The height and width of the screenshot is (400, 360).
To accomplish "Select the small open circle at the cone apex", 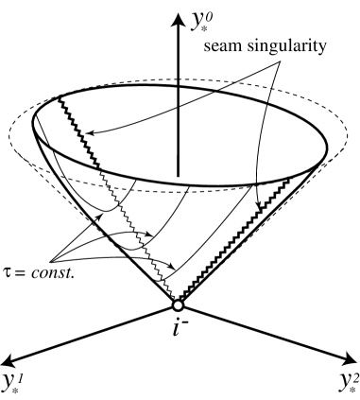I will [x=178, y=305].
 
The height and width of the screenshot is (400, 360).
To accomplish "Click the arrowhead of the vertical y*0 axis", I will [x=178, y=12].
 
